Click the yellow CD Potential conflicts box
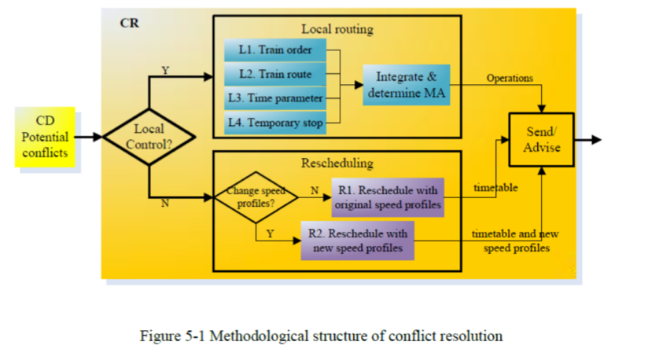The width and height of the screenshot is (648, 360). pyautogui.click(x=45, y=137)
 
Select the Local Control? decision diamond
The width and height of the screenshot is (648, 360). pyautogui.click(x=149, y=137)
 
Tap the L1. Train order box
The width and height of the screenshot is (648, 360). pyautogui.click(x=274, y=50)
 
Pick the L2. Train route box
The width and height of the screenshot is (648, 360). pyautogui.click(x=274, y=75)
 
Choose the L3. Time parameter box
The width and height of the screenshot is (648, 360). pyautogui.click(x=274, y=99)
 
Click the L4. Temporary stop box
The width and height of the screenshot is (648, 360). pyautogui.click(x=274, y=123)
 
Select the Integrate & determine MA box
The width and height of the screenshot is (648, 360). pyautogui.click(x=406, y=85)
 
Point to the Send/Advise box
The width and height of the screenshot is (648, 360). pyautogui.click(x=540, y=139)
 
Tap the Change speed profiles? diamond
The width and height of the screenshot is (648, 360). pyautogui.click(x=256, y=197)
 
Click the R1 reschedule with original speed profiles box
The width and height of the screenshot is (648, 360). pyautogui.click(x=388, y=197)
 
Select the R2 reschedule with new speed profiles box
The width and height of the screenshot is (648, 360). pyautogui.click(x=358, y=241)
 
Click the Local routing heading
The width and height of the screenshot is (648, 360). pyautogui.click(x=337, y=30)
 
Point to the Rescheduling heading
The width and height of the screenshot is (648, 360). pyautogui.click(x=337, y=163)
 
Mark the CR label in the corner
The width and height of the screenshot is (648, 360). pyautogui.click(x=130, y=23)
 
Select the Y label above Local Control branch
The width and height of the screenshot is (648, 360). pyautogui.click(x=165, y=71)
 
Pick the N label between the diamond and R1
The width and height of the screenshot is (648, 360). pyautogui.click(x=314, y=189)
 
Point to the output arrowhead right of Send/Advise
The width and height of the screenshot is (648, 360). pyautogui.click(x=595, y=140)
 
